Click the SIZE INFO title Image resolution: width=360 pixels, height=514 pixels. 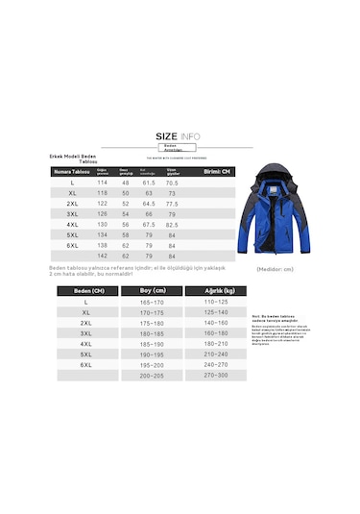(x=179, y=136)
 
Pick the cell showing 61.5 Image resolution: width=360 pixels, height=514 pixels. (x=149, y=183)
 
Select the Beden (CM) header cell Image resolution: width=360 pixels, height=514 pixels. (x=83, y=290)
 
